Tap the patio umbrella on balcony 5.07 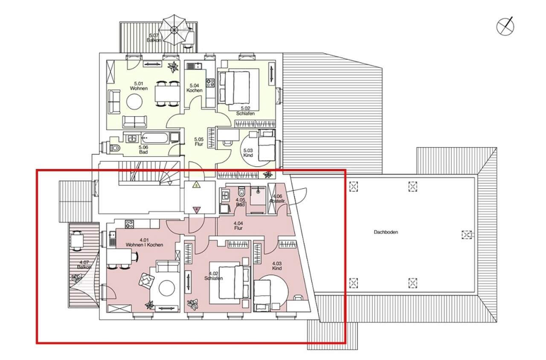click(x=174, y=30)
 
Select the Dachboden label click(x=386, y=232)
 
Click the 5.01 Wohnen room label click(x=139, y=86)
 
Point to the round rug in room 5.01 click(x=134, y=102)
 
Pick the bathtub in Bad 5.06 click(x=154, y=138)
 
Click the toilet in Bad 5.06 click(x=115, y=148)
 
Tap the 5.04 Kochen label click(x=194, y=88)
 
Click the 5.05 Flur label click(x=199, y=142)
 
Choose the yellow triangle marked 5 click(x=196, y=185)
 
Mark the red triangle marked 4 click(x=197, y=209)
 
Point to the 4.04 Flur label click(x=238, y=226)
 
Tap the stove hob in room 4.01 click(x=129, y=224)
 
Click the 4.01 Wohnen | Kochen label click(x=144, y=243)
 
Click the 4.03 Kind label click(x=277, y=266)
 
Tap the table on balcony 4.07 click(x=76, y=240)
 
